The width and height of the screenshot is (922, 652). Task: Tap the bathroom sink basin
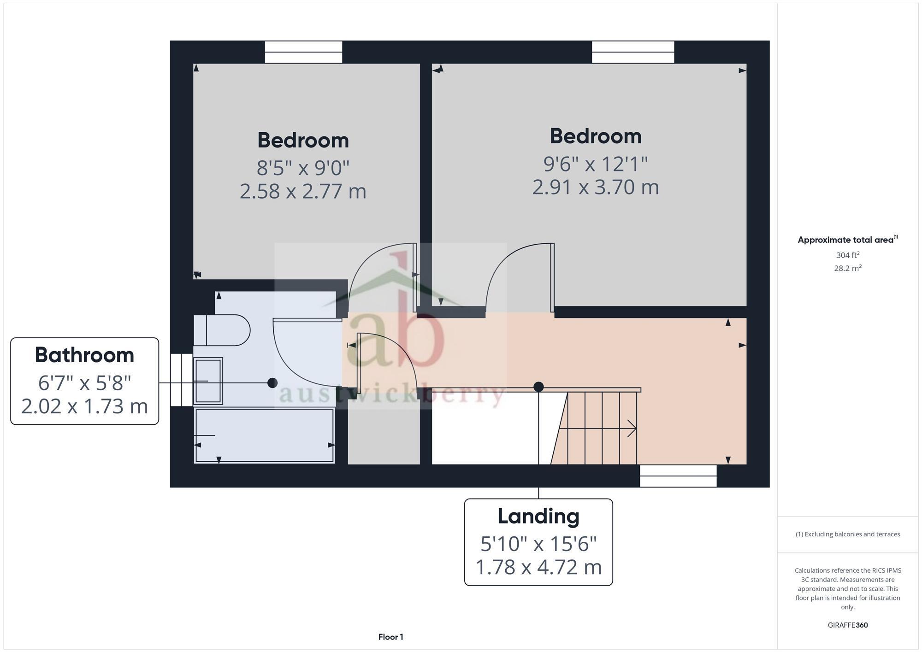[x=208, y=381]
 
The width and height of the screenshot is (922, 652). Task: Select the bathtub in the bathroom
[x=264, y=435]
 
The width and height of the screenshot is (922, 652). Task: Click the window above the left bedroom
[x=303, y=52]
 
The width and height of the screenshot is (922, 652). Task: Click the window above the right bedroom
[x=632, y=52]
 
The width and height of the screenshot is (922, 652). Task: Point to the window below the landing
[x=678, y=476]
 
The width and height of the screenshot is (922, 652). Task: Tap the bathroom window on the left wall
[x=182, y=380]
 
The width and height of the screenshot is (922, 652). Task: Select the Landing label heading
[x=538, y=516]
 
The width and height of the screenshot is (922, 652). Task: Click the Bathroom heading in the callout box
[x=84, y=355]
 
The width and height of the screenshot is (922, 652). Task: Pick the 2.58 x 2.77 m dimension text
[x=303, y=191]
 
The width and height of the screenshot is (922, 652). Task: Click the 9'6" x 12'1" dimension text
[x=595, y=163]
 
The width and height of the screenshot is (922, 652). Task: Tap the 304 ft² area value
[x=847, y=255]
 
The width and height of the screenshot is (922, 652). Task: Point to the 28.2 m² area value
[x=847, y=268]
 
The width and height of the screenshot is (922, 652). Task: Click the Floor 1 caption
[x=390, y=637]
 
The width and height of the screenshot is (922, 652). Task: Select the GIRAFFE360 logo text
[x=847, y=625]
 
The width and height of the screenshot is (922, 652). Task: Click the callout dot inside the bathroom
[x=272, y=383]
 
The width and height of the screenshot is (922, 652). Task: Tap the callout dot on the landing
[x=538, y=387]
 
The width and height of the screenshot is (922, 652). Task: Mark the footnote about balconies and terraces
[x=847, y=534]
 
